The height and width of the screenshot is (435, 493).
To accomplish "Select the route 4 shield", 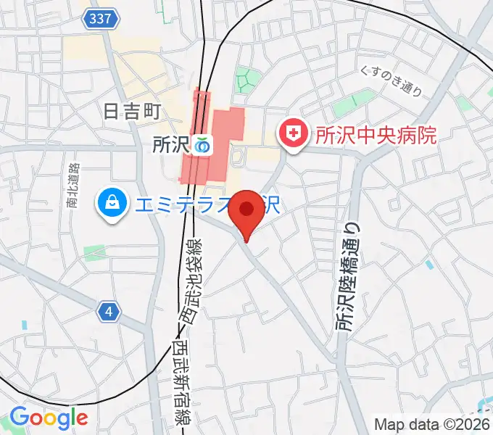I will [108, 312].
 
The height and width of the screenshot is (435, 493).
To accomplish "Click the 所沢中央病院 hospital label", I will [376, 134].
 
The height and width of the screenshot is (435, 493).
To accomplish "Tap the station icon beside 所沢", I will [202, 146].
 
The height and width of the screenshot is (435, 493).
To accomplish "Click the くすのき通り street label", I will [391, 80].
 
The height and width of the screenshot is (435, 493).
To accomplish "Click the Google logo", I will [49, 418].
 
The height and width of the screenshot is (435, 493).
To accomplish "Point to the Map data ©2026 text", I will [432, 424].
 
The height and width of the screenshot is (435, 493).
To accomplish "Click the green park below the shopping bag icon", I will [95, 252].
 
